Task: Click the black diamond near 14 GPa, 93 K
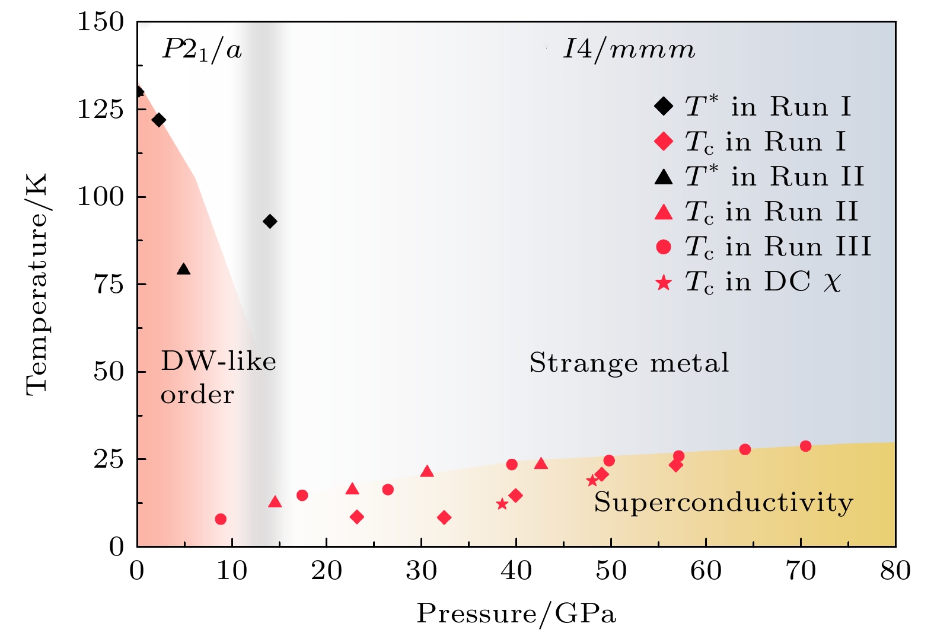tap(270, 221)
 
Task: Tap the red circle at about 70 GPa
tap(805, 446)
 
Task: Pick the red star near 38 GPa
tap(502, 504)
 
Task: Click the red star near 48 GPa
tap(592, 481)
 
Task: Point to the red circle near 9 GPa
tap(221, 519)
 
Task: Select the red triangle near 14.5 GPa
tap(275, 502)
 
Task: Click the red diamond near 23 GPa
tap(356, 517)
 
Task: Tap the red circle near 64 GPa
tap(745, 449)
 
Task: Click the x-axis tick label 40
tap(516, 571)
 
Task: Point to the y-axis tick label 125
tap(100, 109)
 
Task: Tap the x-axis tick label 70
tap(801, 571)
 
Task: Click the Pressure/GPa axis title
tap(516, 613)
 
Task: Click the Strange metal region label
tap(629, 363)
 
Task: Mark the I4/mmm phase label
tap(629, 50)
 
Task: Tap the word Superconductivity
tap(723, 503)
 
